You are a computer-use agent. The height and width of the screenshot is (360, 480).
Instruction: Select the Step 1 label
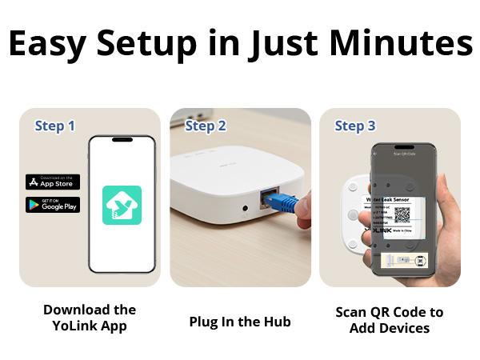click(55, 126)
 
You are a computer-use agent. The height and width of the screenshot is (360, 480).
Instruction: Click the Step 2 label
click(206, 126)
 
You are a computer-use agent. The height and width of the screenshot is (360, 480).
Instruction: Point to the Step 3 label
click(355, 126)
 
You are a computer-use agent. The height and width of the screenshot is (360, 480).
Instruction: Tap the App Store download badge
click(53, 182)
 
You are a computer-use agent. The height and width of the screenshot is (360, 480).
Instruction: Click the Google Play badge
click(53, 205)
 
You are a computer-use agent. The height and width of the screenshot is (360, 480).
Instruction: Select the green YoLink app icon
click(122, 205)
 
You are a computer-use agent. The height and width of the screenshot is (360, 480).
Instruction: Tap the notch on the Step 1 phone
click(122, 141)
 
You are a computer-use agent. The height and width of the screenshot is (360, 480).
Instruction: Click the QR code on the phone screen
click(402, 217)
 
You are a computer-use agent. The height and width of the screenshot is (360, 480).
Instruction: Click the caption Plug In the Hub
click(240, 322)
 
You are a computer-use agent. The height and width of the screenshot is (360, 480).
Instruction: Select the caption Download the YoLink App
click(90, 318)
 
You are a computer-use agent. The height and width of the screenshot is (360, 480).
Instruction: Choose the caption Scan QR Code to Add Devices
click(390, 320)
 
